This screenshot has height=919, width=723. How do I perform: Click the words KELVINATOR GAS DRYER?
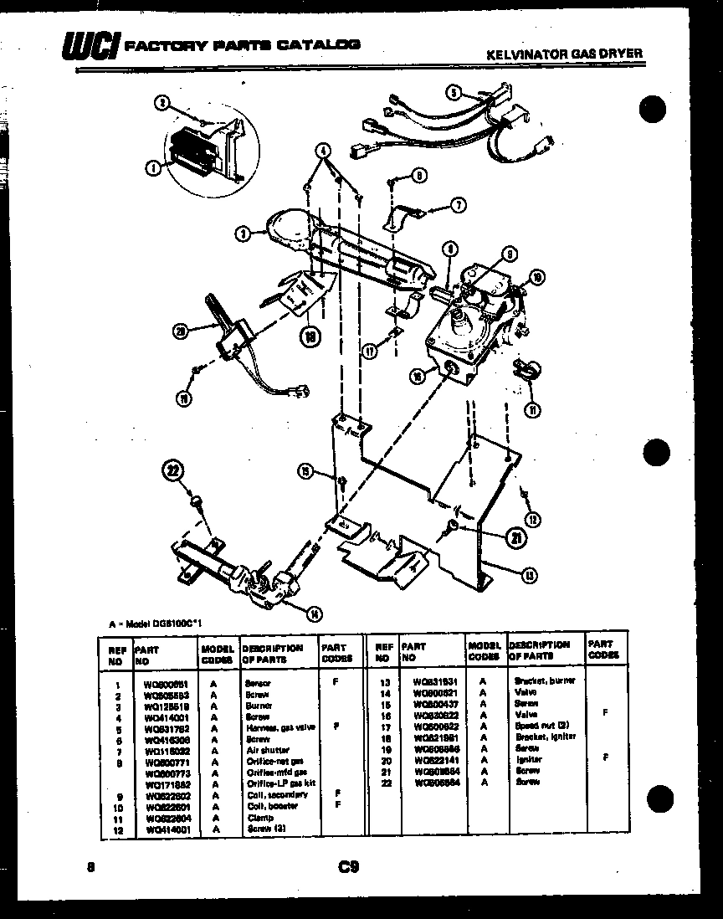click(564, 53)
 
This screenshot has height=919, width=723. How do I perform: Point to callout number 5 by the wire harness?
click(453, 93)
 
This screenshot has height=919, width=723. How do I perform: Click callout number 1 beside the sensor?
click(153, 168)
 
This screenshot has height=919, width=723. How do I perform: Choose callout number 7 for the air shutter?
click(457, 204)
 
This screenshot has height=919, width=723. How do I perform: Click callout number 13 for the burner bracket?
click(530, 574)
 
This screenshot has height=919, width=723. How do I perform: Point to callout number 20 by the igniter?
click(178, 331)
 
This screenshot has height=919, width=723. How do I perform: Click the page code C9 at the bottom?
click(349, 867)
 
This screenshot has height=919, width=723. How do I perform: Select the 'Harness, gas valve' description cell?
click(279, 727)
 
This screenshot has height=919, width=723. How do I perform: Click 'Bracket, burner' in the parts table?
click(543, 681)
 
